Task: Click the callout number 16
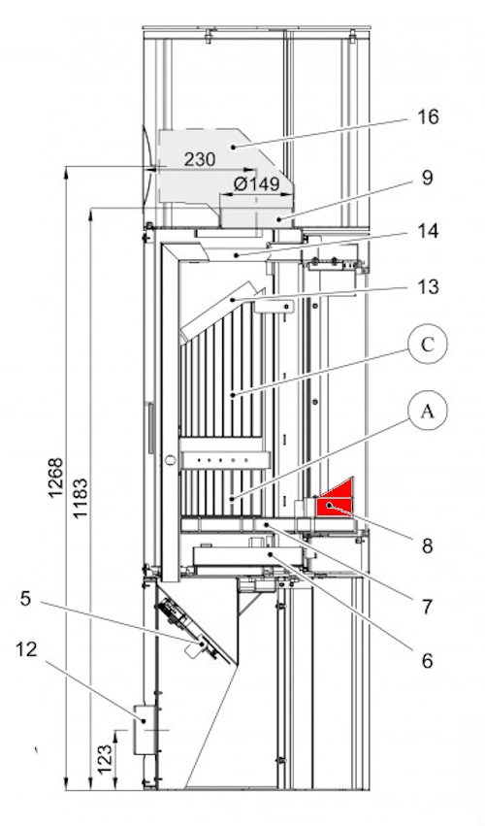point(428,116)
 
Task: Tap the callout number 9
point(427,177)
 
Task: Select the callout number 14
point(428,231)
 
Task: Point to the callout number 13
point(428,287)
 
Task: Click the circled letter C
point(427,344)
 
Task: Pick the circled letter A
point(427,411)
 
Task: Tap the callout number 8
point(427,545)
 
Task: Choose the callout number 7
point(427,607)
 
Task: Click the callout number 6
point(427,659)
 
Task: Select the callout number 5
point(26,599)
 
